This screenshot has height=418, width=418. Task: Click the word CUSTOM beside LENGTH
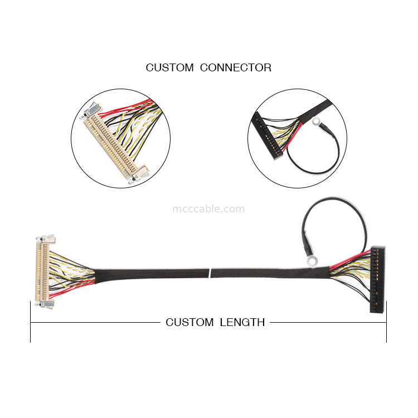[189, 322]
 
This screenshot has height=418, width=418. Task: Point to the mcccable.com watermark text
[208, 209]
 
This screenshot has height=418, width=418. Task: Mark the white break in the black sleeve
[210, 273]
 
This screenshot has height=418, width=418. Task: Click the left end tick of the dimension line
[30, 322]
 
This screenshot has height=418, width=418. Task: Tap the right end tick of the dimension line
[386, 322]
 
